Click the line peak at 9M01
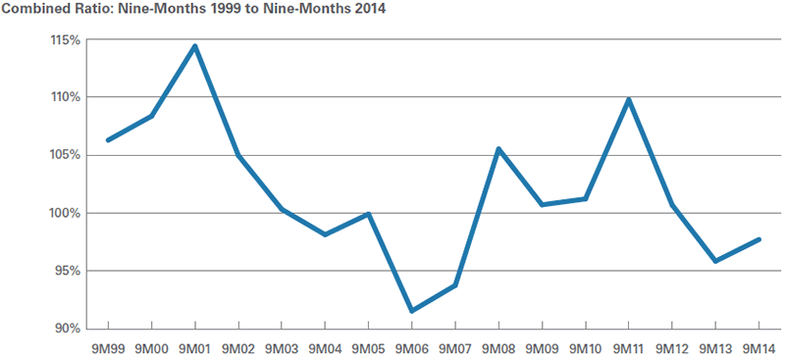point(195,45)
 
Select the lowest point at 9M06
point(411,311)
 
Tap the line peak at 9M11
point(628,99)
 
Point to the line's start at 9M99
point(108,140)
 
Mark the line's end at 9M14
point(759,239)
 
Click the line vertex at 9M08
point(498,149)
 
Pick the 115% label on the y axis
point(66,40)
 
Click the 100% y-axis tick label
point(66,213)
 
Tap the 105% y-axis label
point(66,155)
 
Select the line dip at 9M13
point(715,261)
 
